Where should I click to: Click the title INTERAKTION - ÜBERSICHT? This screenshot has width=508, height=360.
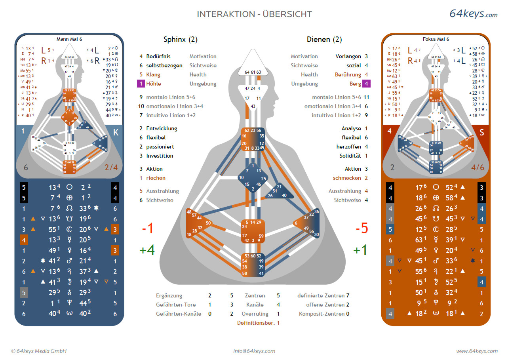(x=254, y=14)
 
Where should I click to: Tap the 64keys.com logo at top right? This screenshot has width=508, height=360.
(x=473, y=13)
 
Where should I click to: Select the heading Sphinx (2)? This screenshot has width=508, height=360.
(x=181, y=40)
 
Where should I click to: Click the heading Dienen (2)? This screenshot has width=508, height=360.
(x=324, y=40)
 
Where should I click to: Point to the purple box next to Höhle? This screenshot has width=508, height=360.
(x=141, y=84)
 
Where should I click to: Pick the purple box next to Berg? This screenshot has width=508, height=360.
(x=366, y=84)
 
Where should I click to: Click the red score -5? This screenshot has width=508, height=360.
(x=361, y=228)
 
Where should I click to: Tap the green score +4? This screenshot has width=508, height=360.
(x=147, y=250)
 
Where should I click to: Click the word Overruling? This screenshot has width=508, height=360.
(x=255, y=314)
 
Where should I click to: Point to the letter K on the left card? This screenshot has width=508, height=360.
(x=116, y=133)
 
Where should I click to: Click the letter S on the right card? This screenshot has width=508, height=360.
(x=482, y=133)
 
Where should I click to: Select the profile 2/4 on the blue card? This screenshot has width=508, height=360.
(x=111, y=168)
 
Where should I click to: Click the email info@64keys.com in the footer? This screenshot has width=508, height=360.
(x=254, y=351)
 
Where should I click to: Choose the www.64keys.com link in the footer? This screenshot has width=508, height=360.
(x=477, y=351)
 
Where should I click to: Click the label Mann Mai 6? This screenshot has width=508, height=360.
(x=69, y=39)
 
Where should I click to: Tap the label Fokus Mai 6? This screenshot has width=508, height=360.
(x=436, y=39)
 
